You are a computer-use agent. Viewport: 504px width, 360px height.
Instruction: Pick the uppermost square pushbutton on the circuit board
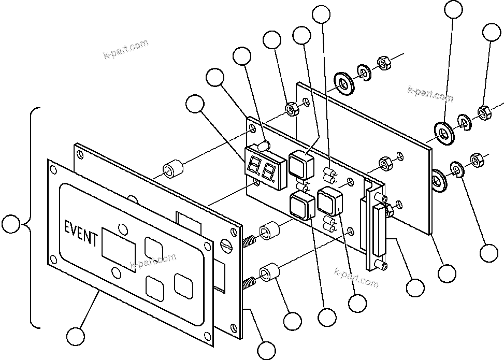[300, 162]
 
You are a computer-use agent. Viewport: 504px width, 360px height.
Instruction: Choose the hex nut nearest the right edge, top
[483, 111]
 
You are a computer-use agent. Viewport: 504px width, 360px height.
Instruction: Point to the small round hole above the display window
[122, 228]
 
